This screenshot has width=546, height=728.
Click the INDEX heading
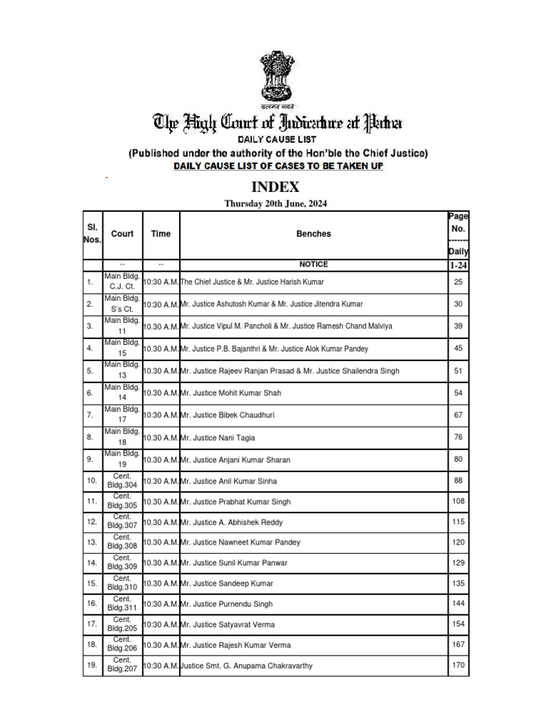[273, 188]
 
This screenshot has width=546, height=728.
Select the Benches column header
[314, 234]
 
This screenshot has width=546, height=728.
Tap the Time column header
[161, 234]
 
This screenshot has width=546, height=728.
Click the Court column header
[122, 234]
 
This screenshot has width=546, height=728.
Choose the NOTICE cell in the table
[314, 264]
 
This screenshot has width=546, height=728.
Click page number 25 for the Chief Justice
[458, 282]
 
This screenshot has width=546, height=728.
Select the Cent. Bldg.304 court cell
[122, 482]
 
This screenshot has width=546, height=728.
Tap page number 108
[458, 502]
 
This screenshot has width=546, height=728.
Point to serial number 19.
[90, 666]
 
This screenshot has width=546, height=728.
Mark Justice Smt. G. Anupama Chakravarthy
[246, 666]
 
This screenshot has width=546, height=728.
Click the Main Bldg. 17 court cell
[122, 415]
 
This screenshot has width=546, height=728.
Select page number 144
[458, 604]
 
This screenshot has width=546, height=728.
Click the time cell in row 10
[161, 482]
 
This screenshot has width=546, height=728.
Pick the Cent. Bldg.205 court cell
[122, 625]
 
